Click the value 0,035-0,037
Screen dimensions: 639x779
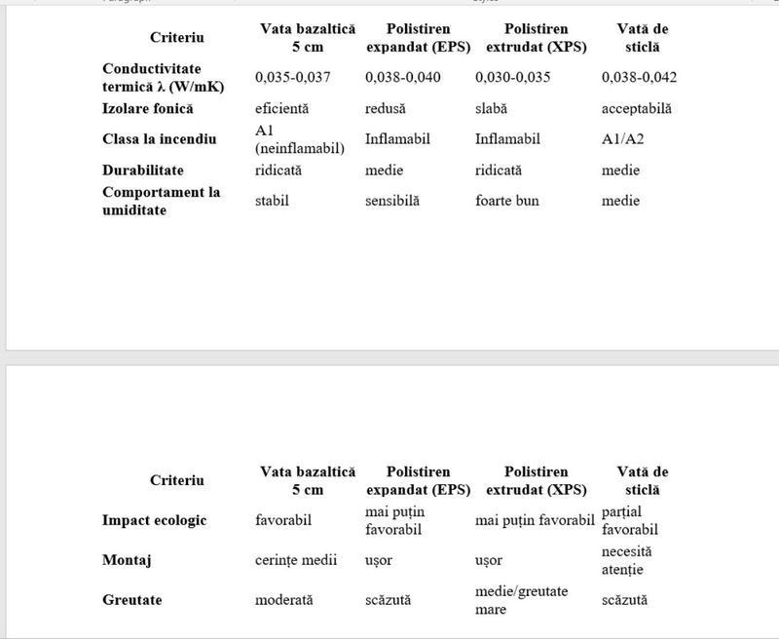point(291,78)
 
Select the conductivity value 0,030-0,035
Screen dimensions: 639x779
point(511,78)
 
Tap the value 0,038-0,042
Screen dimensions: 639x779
point(639,78)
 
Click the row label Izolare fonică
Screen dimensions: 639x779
point(148,108)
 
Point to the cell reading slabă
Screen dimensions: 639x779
point(492,109)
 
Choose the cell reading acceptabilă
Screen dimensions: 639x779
point(637,109)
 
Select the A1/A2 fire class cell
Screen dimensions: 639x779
point(623,139)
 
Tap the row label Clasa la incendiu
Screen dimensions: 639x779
point(160,139)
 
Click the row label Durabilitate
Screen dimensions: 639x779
point(143,170)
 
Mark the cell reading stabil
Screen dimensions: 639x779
point(273,201)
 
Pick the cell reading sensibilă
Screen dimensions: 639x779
point(391,201)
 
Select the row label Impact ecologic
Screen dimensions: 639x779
point(155,520)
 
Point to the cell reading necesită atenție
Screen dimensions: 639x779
point(627,560)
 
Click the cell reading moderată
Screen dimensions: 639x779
point(283,600)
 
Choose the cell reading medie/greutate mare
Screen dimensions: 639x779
point(521,600)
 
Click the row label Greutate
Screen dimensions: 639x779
point(132,600)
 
